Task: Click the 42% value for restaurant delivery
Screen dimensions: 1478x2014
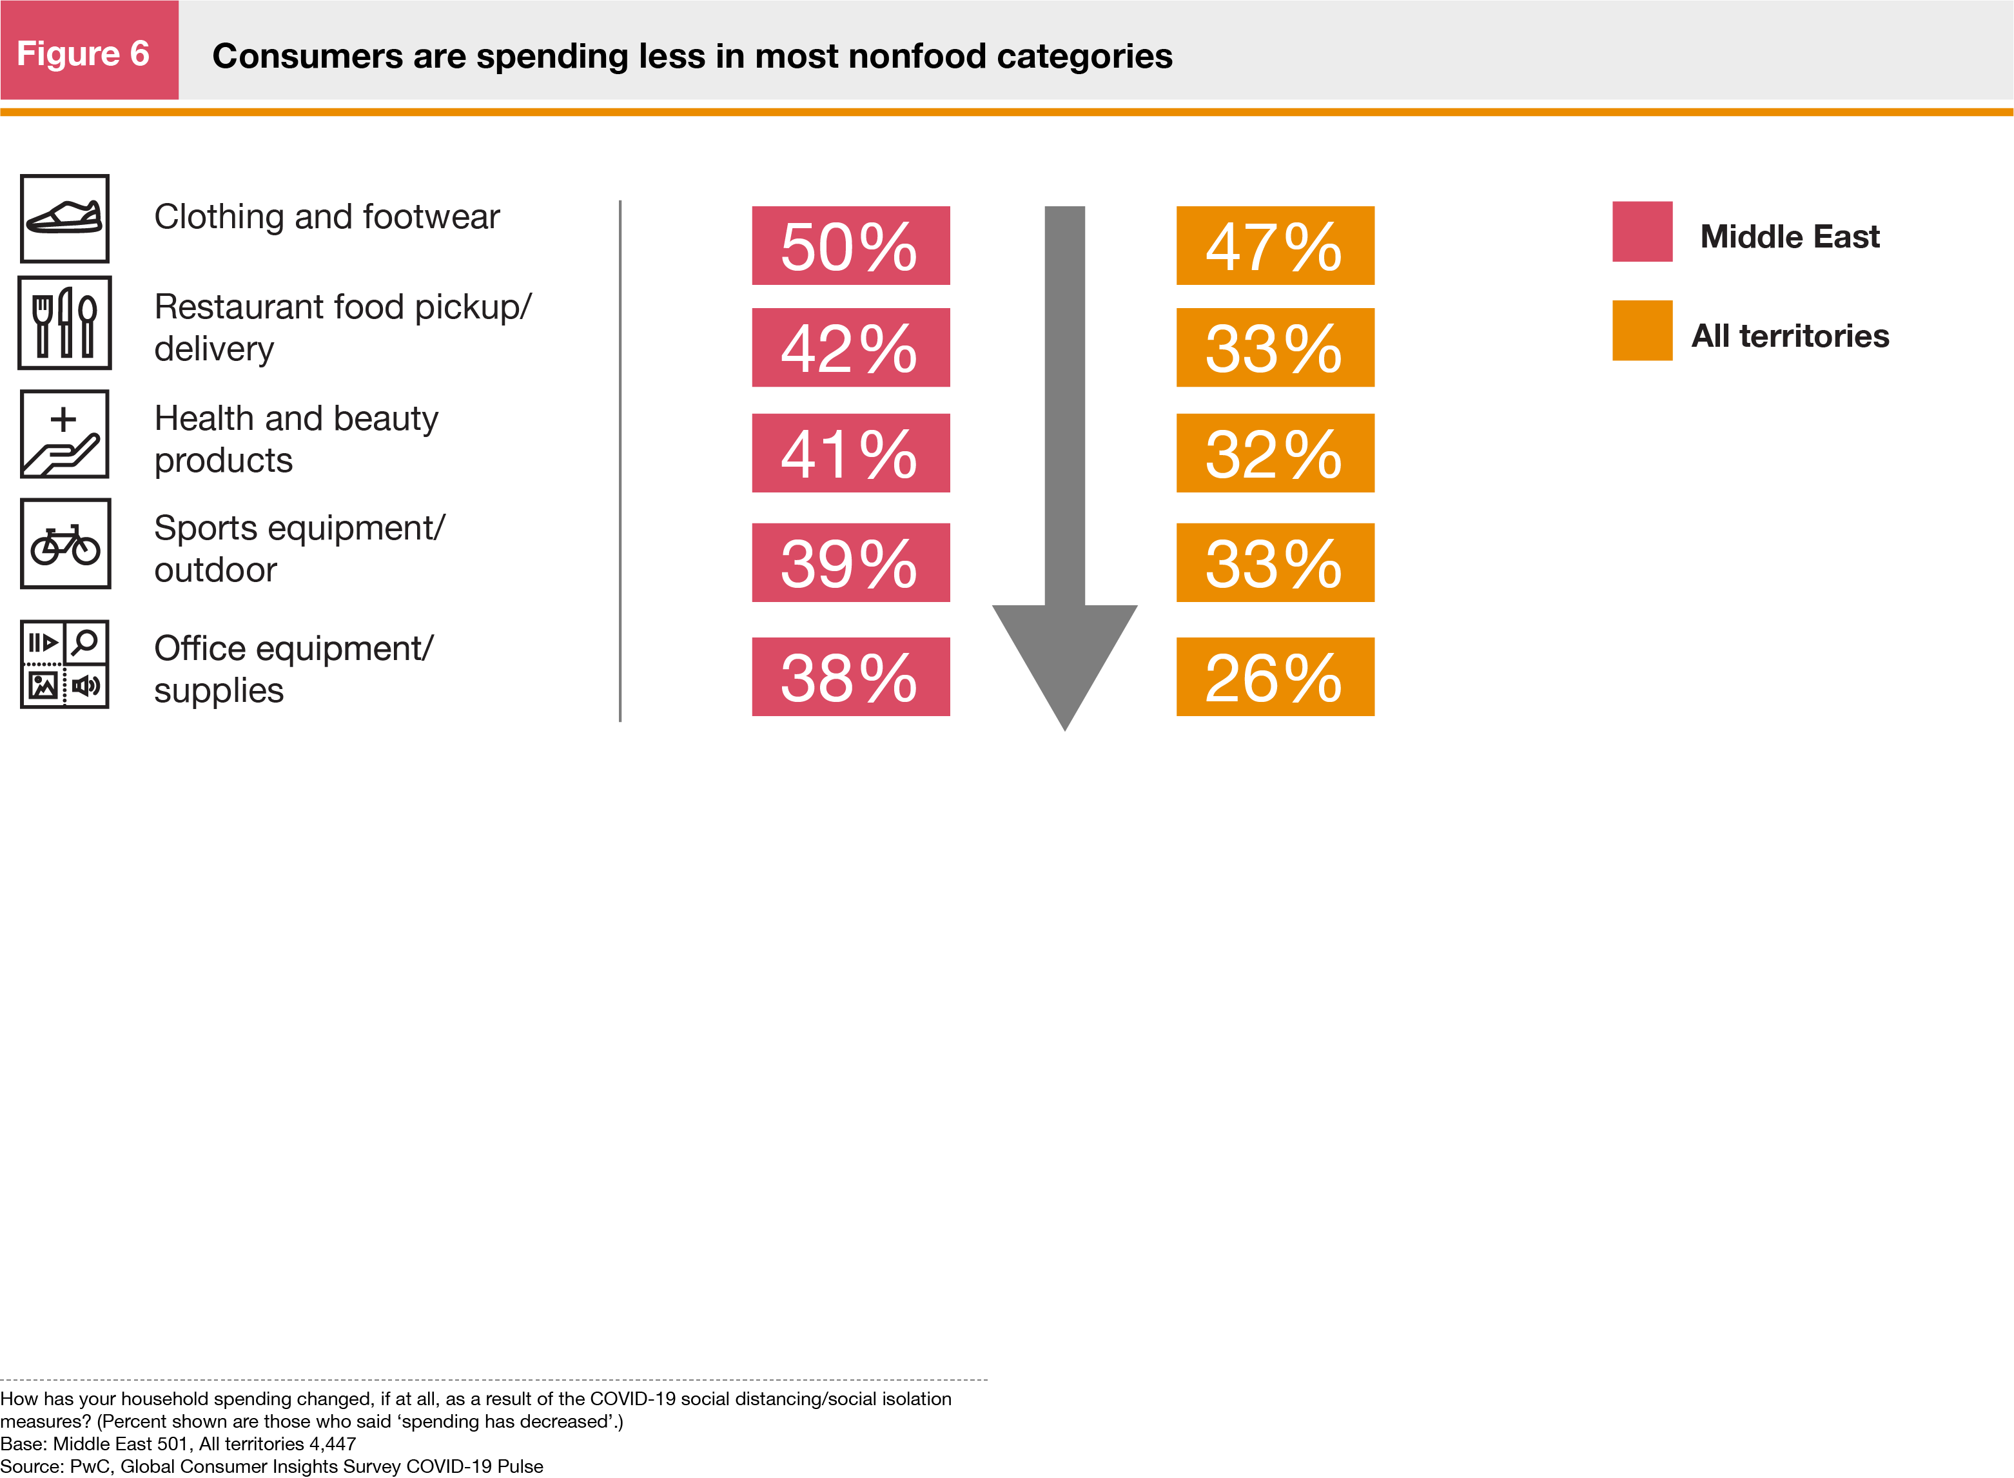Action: click(x=850, y=348)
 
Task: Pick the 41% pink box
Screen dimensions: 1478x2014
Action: click(x=850, y=452)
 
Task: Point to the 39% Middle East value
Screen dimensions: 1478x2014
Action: click(x=850, y=563)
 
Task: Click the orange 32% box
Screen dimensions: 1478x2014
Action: click(x=1275, y=452)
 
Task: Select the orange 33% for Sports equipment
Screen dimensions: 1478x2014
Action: click(x=1275, y=563)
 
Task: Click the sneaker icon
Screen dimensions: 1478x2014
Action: click(x=64, y=219)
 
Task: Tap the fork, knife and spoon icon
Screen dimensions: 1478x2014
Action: click(x=64, y=323)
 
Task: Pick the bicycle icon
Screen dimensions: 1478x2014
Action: click(x=65, y=544)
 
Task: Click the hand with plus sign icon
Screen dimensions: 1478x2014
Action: click(x=64, y=434)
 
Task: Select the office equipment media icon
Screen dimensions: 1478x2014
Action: click(x=64, y=665)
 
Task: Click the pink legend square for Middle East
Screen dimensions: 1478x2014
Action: click(x=1642, y=231)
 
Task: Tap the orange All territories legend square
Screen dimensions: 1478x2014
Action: click(x=1642, y=331)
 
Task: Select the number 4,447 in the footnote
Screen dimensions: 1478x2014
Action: click(x=333, y=1443)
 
